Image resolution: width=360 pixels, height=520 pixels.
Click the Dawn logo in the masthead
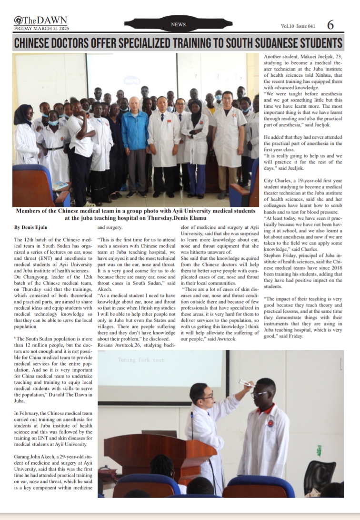click(x=40, y=20)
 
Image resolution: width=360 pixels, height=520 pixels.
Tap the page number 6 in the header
click(x=330, y=24)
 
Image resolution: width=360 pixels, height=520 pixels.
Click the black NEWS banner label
click(x=178, y=24)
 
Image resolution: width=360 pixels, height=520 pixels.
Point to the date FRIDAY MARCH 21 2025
click(x=40, y=28)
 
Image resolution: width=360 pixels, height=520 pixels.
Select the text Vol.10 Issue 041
click(x=298, y=26)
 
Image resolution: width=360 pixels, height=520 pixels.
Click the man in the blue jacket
click(x=135, y=143)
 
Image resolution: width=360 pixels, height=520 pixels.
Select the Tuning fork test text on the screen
click(x=140, y=360)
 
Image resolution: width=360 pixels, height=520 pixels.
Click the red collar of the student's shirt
click(x=266, y=409)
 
